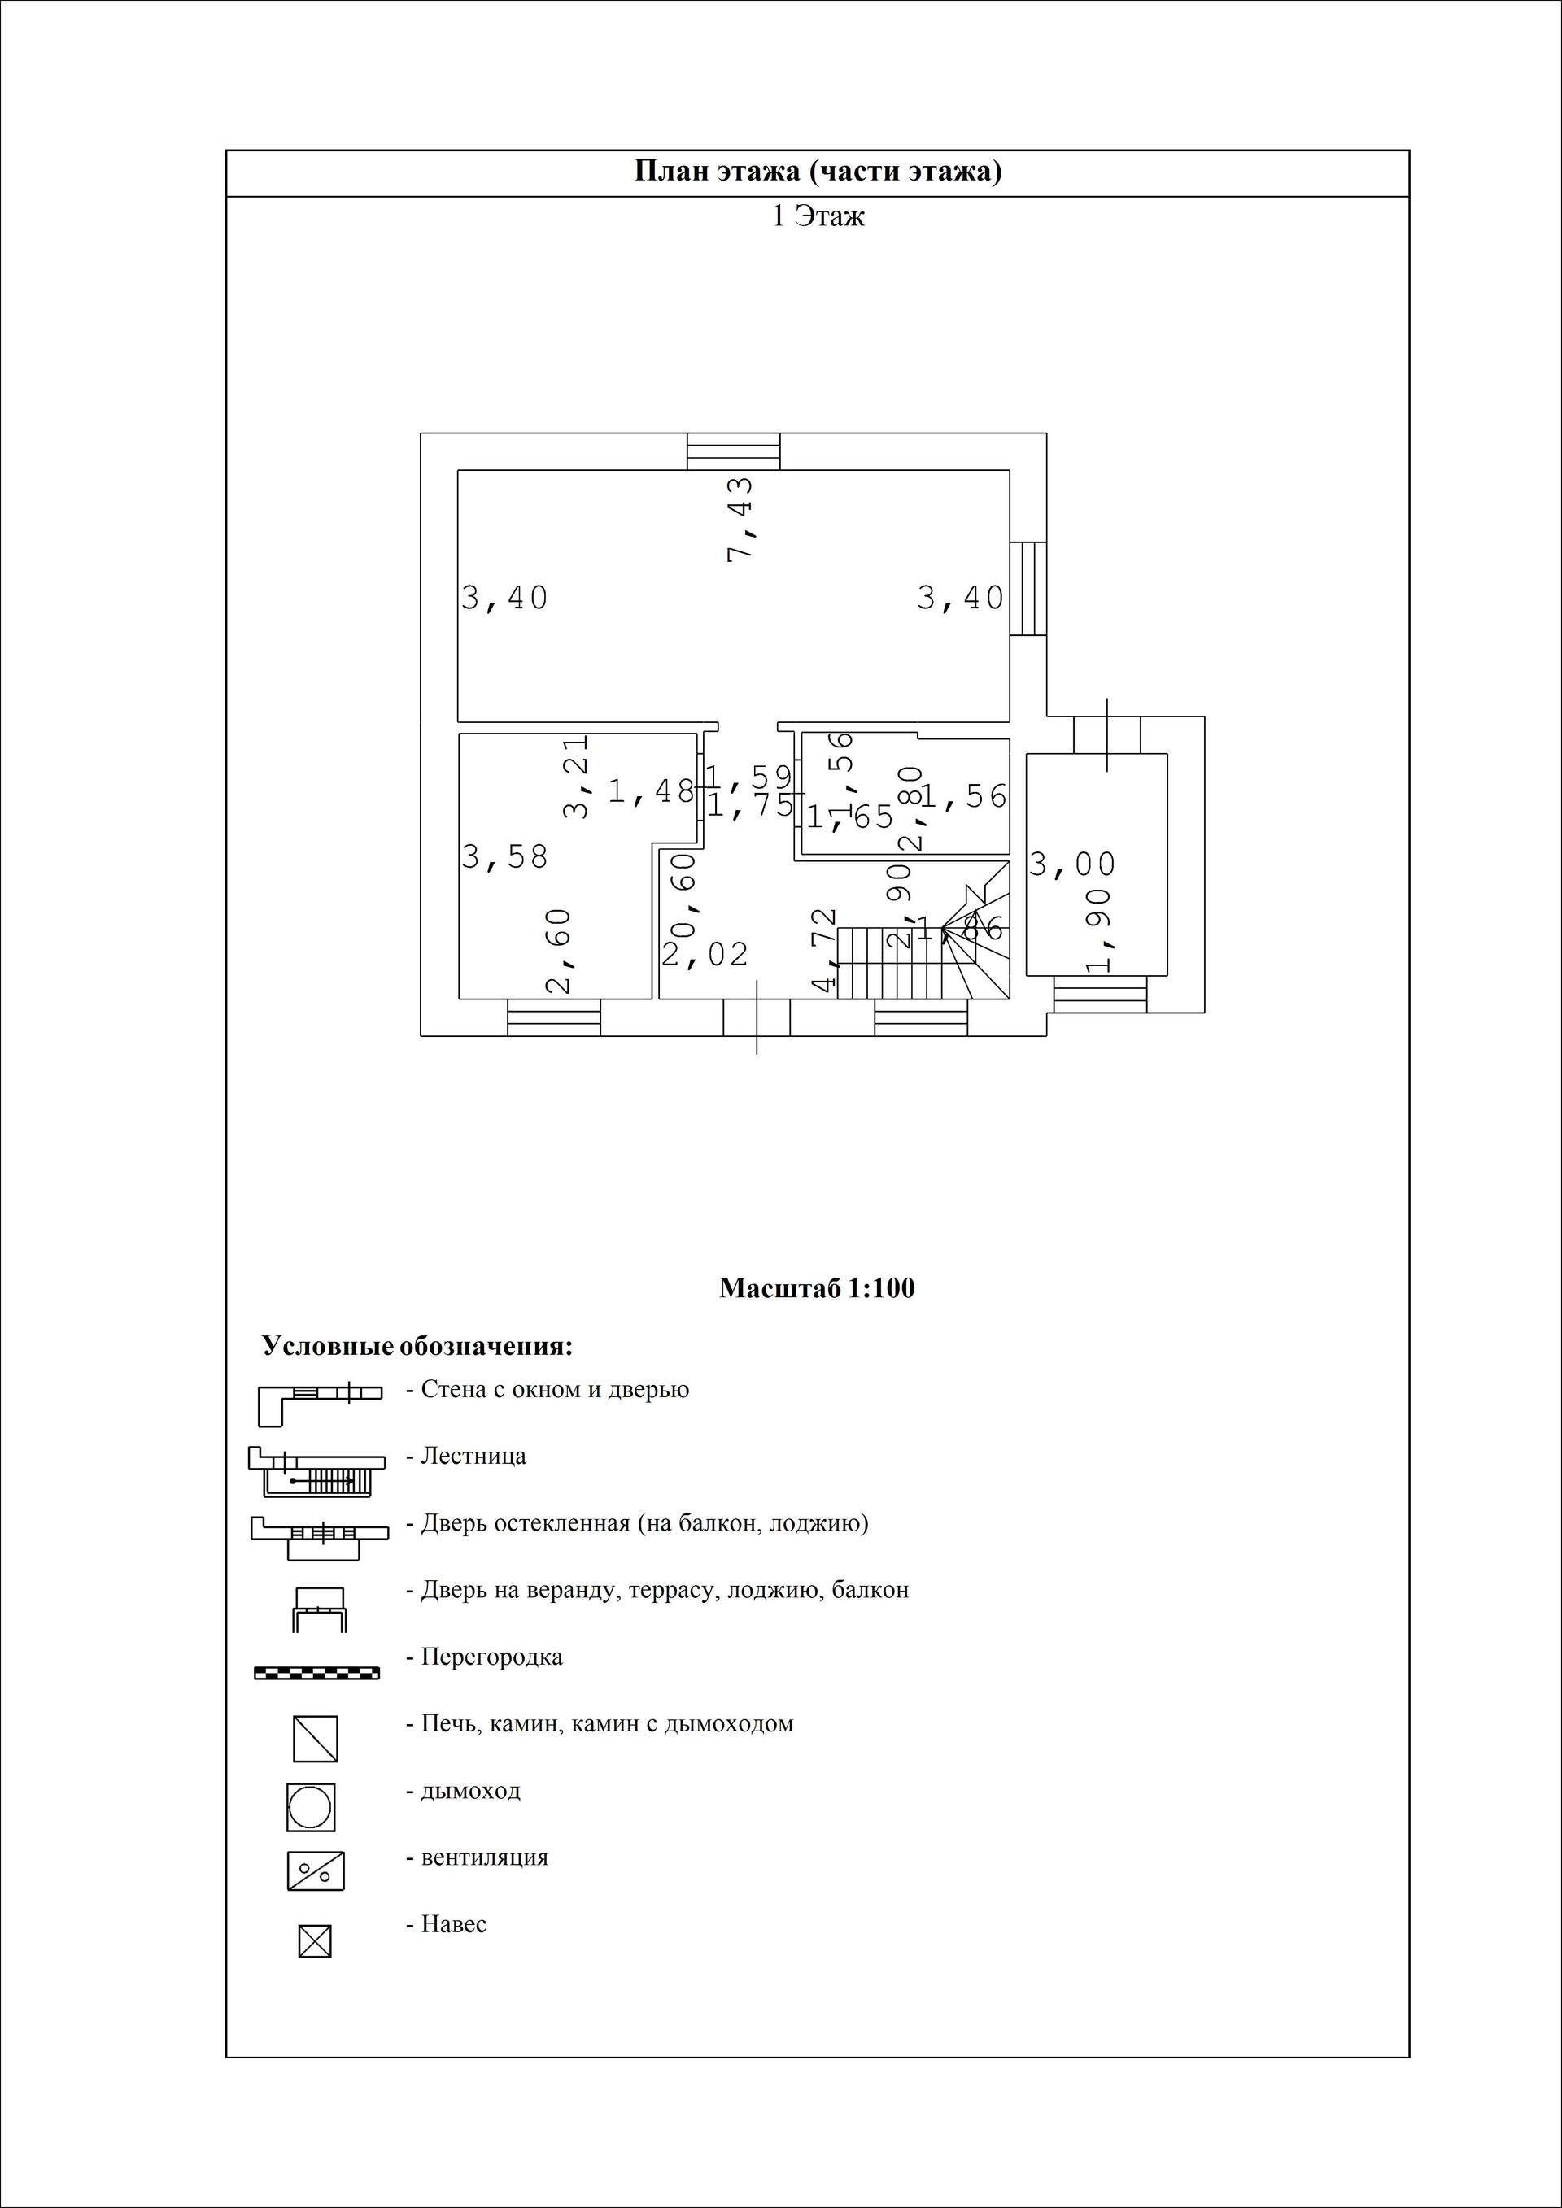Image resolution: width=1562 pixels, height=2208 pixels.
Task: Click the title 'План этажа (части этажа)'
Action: pyautogui.click(x=818, y=172)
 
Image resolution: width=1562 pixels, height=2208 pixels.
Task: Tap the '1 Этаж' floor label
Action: pyautogui.click(x=818, y=216)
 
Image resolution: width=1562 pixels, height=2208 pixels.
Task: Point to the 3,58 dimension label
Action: pyautogui.click(x=505, y=856)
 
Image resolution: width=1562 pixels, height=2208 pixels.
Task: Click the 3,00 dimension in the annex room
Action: pyautogui.click(x=1072, y=864)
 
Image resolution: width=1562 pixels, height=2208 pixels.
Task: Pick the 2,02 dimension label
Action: pyautogui.click(x=705, y=954)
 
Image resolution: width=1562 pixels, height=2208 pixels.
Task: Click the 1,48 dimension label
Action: pyautogui.click(x=651, y=791)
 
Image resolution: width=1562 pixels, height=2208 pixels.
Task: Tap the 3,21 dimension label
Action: pyautogui.click(x=576, y=777)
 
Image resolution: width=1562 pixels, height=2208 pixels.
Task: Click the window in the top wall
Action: pyautogui.click(x=733, y=451)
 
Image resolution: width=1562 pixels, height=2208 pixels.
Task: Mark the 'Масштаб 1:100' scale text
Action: pyautogui.click(x=817, y=1287)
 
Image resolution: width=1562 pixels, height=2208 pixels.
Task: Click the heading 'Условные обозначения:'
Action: pyautogui.click(x=417, y=1346)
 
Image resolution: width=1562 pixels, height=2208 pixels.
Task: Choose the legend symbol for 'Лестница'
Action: pyautogui.click(x=316, y=1472)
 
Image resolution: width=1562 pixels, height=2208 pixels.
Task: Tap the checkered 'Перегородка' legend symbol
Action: pyautogui.click(x=316, y=1674)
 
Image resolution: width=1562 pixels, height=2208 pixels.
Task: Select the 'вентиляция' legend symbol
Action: pyautogui.click(x=316, y=1871)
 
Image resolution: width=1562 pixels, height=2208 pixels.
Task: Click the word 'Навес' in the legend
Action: pyautogui.click(x=453, y=1924)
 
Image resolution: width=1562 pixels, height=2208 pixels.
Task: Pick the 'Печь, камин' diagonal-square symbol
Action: pyautogui.click(x=316, y=1739)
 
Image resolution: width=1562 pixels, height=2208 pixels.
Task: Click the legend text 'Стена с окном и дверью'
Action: pyautogui.click(x=555, y=1390)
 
